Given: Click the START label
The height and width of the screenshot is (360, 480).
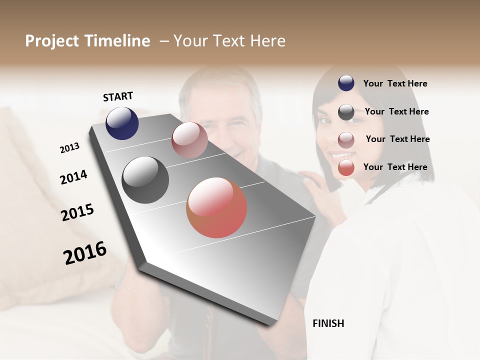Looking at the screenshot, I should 118,96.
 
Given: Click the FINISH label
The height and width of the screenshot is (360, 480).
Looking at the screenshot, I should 328,323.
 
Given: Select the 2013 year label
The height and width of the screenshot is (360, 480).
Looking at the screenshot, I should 69,148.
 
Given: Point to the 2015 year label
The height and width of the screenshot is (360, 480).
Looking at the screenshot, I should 77,212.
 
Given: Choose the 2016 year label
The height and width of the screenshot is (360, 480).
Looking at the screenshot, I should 85,253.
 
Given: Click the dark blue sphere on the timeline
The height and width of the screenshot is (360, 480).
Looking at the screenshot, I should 122,123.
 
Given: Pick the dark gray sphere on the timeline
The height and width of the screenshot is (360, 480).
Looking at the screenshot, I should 145,180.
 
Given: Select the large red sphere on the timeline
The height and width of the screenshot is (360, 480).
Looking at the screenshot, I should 216,207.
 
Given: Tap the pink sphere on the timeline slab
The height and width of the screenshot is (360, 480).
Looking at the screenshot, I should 189,139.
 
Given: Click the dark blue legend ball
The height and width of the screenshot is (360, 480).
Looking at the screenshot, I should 346,83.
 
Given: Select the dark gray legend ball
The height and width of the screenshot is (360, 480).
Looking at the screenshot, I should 346,112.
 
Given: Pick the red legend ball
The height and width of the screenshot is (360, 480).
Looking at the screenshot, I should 346,168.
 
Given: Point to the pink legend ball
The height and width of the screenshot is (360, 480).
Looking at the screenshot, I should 346,140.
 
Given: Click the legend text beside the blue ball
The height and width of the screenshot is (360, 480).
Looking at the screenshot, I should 395,83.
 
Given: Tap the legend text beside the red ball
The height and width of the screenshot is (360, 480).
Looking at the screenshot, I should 395,167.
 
